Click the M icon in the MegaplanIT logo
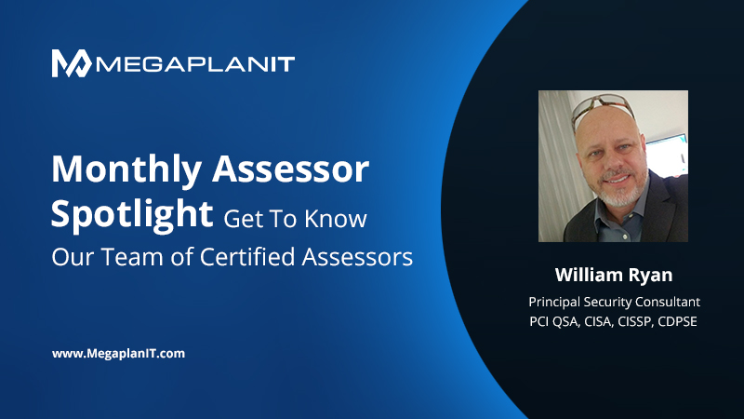[72, 63]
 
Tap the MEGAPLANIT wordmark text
[195, 64]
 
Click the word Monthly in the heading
[126, 170]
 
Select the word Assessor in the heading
[290, 169]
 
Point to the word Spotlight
[132, 215]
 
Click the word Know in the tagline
[336, 219]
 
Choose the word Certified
[247, 257]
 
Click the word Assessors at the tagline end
[357, 257]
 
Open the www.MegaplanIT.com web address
[118, 354]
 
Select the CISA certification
[597, 321]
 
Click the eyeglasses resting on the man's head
[603, 108]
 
